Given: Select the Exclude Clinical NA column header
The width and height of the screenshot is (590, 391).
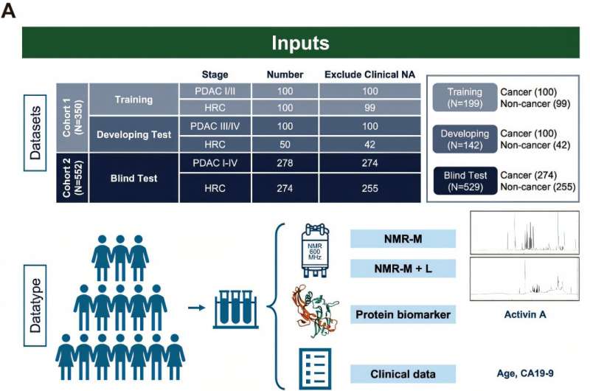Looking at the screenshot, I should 369,74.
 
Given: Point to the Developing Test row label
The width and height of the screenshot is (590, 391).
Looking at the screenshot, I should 133,136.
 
